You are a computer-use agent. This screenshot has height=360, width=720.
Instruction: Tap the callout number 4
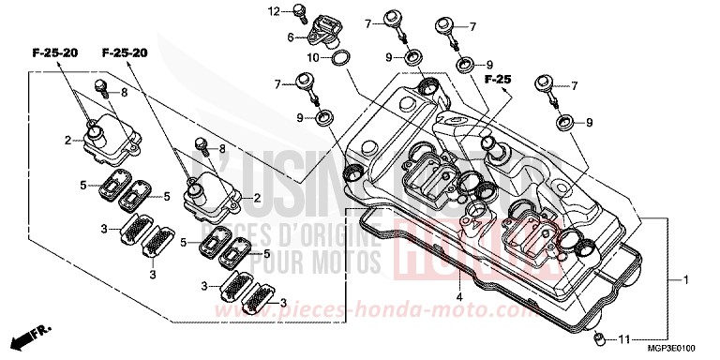pyautogui.click(x=460, y=298)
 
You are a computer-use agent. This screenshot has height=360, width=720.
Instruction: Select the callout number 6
pyautogui.click(x=292, y=37)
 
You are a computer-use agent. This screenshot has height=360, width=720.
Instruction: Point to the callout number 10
pyautogui.click(x=315, y=57)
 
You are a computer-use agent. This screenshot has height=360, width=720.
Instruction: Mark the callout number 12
pyautogui.click(x=276, y=11)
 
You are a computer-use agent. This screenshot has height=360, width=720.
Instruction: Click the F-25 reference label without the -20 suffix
pyautogui.click(x=497, y=79)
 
